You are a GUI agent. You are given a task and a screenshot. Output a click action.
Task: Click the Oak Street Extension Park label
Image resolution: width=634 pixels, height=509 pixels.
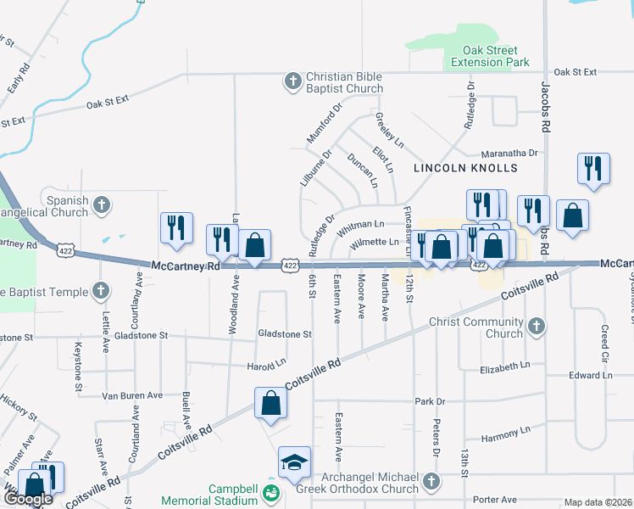[490, 56]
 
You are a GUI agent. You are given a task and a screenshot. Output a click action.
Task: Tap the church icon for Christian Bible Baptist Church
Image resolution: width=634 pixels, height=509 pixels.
[292, 81]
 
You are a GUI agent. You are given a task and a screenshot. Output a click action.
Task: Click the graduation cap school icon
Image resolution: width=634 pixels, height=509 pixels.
[294, 462]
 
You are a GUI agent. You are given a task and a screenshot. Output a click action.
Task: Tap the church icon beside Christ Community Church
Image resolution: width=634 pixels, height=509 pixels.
[535, 327]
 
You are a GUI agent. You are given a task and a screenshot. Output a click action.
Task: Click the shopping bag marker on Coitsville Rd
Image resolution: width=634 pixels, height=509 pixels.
[270, 404]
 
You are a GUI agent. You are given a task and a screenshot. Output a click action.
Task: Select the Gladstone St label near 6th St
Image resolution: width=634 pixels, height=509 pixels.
[285, 335]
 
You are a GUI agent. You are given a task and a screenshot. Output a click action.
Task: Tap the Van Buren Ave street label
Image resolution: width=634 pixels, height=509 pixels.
[131, 395]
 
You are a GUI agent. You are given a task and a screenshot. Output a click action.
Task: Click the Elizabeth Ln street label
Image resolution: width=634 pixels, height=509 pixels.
[504, 365]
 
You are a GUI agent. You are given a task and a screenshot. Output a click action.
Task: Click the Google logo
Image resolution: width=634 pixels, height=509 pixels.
[27, 499]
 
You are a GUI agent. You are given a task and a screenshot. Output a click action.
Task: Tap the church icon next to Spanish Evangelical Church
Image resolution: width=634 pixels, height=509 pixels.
[102, 204]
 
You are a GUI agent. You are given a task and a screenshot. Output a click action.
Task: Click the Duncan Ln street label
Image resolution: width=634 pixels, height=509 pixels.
[363, 171]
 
